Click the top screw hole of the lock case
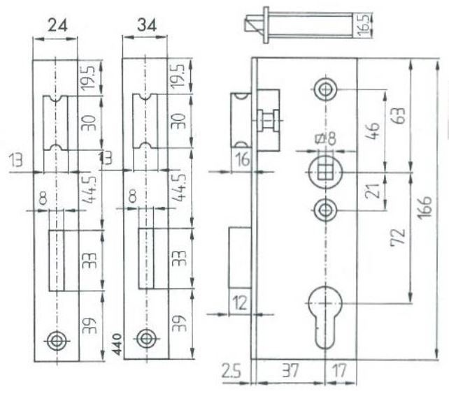325,90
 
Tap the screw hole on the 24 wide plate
56,340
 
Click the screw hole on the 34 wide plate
145,339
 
